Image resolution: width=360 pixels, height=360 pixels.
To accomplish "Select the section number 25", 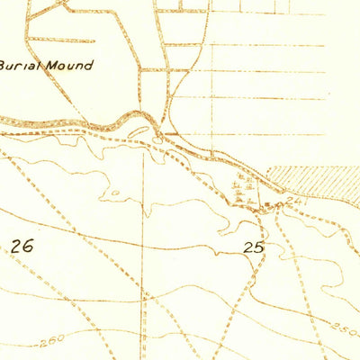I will (x=254, y=245).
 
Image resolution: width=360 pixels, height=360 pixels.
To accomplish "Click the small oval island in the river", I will (x=135, y=132).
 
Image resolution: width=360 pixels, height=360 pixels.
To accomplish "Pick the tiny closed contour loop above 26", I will (x=114, y=194).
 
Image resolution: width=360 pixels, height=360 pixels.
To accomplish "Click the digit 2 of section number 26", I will (x=15, y=245).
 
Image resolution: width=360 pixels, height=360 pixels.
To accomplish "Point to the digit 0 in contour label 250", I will (x=353, y=326).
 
